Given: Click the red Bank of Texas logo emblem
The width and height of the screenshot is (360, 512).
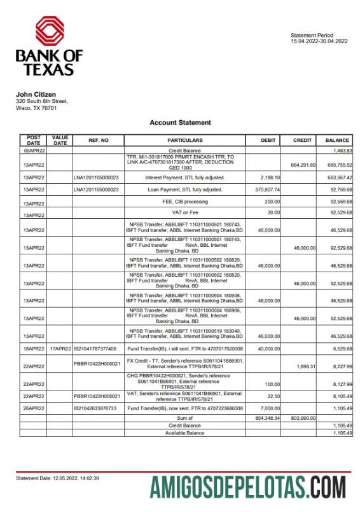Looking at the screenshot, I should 49,32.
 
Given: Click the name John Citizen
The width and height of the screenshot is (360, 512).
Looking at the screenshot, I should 36,95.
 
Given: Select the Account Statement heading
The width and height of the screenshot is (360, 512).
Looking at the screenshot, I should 180,123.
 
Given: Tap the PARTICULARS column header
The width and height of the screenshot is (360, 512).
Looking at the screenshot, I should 184,140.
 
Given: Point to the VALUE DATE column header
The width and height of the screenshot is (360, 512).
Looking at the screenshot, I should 60,140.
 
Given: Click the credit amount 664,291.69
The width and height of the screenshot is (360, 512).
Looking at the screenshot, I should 303,165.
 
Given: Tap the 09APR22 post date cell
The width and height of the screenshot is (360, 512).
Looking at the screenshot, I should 33,150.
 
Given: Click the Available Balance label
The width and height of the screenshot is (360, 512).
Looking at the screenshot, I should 184,432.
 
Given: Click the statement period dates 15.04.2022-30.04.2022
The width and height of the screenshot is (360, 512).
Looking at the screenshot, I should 319,41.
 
